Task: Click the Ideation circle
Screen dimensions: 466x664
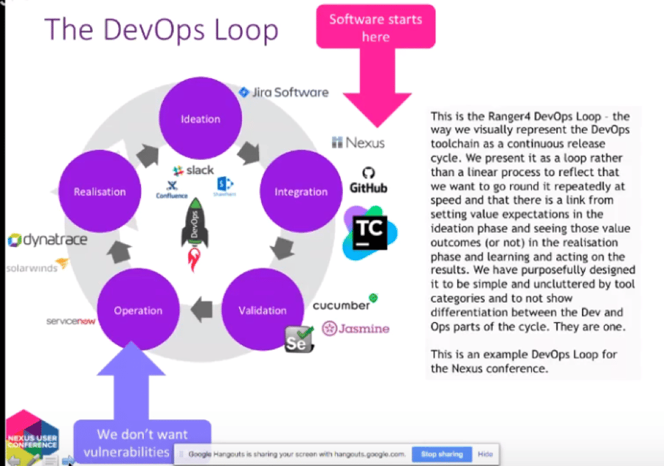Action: (201, 118)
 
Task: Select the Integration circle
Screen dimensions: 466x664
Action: (301, 192)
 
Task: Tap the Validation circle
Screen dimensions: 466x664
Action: (262, 310)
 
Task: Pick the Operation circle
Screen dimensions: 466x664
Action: (137, 310)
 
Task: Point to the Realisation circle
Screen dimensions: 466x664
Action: (100, 192)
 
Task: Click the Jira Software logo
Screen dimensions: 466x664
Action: (284, 92)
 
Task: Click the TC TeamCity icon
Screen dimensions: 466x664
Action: (369, 232)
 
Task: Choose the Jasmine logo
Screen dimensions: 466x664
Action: (360, 329)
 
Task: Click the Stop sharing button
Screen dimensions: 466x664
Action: (443, 454)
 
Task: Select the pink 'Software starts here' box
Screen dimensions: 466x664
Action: (376, 27)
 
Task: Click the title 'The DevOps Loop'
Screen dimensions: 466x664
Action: (162, 30)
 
